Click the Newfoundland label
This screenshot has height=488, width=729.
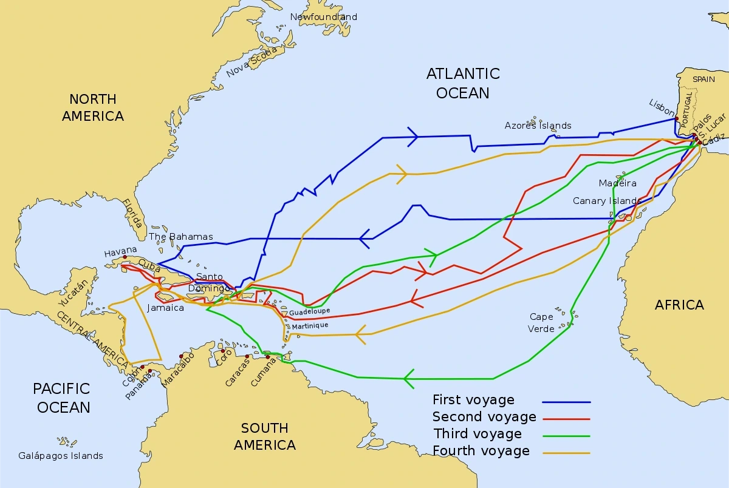(x=323, y=17)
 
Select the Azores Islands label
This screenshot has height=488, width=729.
(x=538, y=126)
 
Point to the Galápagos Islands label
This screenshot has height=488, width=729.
(x=61, y=455)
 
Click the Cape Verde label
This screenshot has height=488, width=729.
(x=542, y=322)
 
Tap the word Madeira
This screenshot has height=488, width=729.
(x=617, y=183)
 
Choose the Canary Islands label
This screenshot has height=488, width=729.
(x=607, y=201)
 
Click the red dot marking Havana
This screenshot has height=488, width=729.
(x=125, y=257)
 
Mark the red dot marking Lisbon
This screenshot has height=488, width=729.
(x=676, y=118)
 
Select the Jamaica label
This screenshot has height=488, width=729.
(x=165, y=308)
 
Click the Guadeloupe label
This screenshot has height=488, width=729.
(x=310, y=311)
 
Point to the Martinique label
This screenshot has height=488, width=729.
(x=310, y=326)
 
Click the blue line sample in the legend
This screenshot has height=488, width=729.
(x=566, y=402)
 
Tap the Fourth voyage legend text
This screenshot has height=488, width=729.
(x=481, y=450)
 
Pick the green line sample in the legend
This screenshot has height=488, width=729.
(x=566, y=436)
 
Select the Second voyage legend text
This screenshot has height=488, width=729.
(x=484, y=416)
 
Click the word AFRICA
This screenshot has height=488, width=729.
(x=679, y=305)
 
